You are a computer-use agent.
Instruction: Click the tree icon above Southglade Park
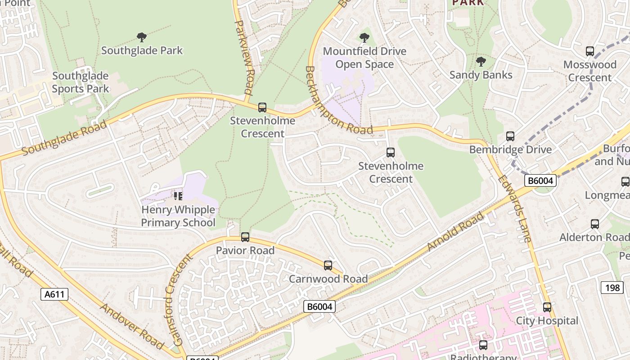click(142, 37)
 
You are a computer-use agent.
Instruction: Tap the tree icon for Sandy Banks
click(481, 62)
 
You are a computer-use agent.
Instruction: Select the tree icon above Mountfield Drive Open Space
click(364, 38)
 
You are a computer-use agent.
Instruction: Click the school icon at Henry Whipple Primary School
click(178, 196)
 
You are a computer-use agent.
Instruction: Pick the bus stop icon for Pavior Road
click(245, 237)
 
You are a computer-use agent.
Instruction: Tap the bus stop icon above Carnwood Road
click(328, 265)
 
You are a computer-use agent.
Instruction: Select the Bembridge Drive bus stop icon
click(510, 136)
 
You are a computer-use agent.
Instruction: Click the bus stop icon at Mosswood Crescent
click(589, 51)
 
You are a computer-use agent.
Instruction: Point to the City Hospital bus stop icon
click(547, 307)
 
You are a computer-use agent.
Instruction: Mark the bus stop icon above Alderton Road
click(595, 224)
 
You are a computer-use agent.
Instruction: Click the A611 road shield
click(55, 294)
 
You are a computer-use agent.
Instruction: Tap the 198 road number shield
click(612, 287)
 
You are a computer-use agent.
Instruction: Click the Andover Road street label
click(131, 326)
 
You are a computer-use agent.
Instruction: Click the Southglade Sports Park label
click(80, 82)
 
